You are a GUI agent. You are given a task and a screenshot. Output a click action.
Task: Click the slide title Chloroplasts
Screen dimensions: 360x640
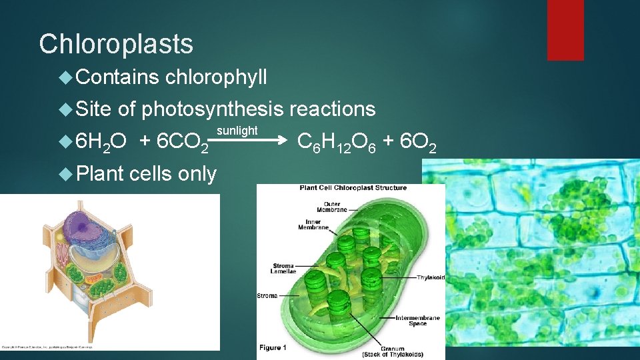tap(116, 44)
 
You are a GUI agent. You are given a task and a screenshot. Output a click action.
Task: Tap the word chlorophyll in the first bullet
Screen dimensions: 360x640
tap(215, 77)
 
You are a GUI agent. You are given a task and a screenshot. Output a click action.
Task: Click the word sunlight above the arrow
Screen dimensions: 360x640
tap(237, 130)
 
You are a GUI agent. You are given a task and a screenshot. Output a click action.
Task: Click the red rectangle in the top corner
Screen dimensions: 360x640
tap(565, 30)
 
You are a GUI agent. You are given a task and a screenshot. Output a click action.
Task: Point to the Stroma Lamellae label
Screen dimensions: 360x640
tap(284, 269)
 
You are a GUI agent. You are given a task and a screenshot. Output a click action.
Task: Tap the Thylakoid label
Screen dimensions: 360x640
tap(432, 278)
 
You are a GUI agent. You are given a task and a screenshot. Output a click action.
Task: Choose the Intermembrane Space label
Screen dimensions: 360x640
tap(417, 321)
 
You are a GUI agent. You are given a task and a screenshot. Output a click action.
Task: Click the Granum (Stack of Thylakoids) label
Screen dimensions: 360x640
tap(402, 351)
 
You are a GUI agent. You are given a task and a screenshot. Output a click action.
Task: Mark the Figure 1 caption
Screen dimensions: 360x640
tap(273, 347)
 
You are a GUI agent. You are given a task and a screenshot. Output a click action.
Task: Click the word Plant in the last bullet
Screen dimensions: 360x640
tap(100, 173)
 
